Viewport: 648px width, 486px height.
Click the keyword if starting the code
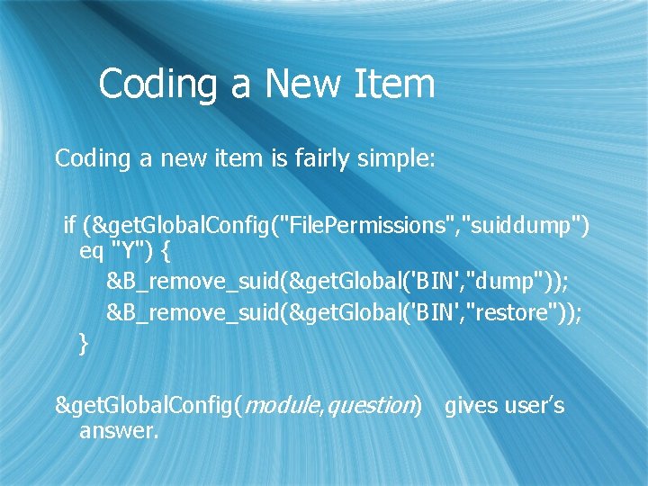coord(69,223)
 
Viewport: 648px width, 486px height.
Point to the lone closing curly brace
coord(84,343)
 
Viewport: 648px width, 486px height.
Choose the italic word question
coord(371,406)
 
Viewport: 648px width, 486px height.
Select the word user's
coord(535,406)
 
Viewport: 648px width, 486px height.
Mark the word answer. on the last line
coord(119,431)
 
